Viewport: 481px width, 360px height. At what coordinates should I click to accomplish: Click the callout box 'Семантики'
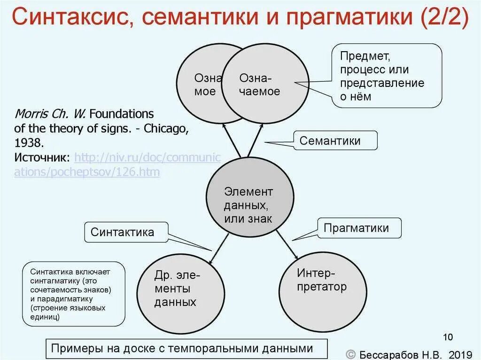click(336, 141)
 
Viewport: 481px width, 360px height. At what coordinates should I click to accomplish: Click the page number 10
click(448, 337)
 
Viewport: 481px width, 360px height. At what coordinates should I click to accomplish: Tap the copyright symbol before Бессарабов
click(350, 353)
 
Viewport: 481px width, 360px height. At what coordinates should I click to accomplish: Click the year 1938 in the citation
click(30, 142)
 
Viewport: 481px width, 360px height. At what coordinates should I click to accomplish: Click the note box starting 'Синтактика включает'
click(74, 294)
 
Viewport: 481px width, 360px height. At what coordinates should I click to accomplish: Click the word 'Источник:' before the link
click(42, 157)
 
